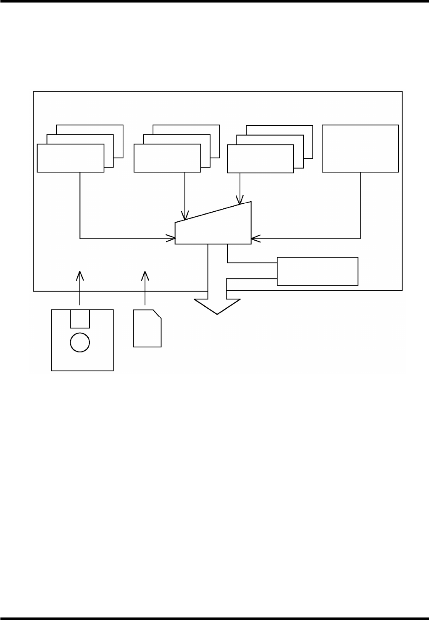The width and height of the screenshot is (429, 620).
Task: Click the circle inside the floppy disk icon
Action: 80,342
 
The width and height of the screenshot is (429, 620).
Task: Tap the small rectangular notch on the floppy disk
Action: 80,319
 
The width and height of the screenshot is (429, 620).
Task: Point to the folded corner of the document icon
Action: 158,314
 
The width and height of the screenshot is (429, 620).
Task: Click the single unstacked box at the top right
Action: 360,148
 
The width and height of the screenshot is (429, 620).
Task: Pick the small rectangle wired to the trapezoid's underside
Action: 317,271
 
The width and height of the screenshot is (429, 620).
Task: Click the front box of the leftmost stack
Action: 70,158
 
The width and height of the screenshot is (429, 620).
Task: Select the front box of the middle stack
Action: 167,158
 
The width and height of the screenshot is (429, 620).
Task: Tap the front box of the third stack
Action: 260,159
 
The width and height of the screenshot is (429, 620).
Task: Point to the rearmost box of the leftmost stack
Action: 113,129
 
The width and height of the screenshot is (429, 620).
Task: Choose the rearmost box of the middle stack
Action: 210,129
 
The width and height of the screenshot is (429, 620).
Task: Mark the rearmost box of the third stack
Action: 303,130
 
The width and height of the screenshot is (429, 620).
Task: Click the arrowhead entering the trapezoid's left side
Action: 171,239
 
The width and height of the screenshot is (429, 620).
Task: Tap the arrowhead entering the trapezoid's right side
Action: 255,239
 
